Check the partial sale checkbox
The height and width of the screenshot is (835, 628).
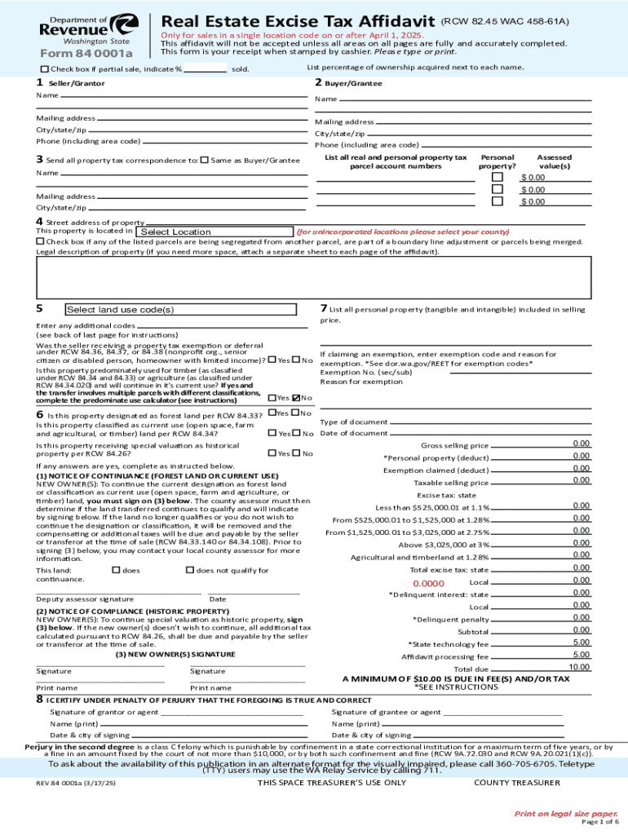point(45,69)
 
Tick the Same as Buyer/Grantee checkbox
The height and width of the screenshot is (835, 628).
point(204,160)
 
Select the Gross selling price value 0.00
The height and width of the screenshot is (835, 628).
point(581,444)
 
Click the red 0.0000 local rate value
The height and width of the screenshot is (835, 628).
point(428,584)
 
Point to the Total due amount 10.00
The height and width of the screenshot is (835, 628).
point(579,667)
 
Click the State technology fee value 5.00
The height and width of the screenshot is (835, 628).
point(581,643)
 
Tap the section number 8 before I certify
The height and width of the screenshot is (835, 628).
point(39,700)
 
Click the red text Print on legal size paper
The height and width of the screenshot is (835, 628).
point(565,814)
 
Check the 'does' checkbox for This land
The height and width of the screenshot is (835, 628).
point(115,569)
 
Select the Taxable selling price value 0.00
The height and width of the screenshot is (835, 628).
point(581,480)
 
